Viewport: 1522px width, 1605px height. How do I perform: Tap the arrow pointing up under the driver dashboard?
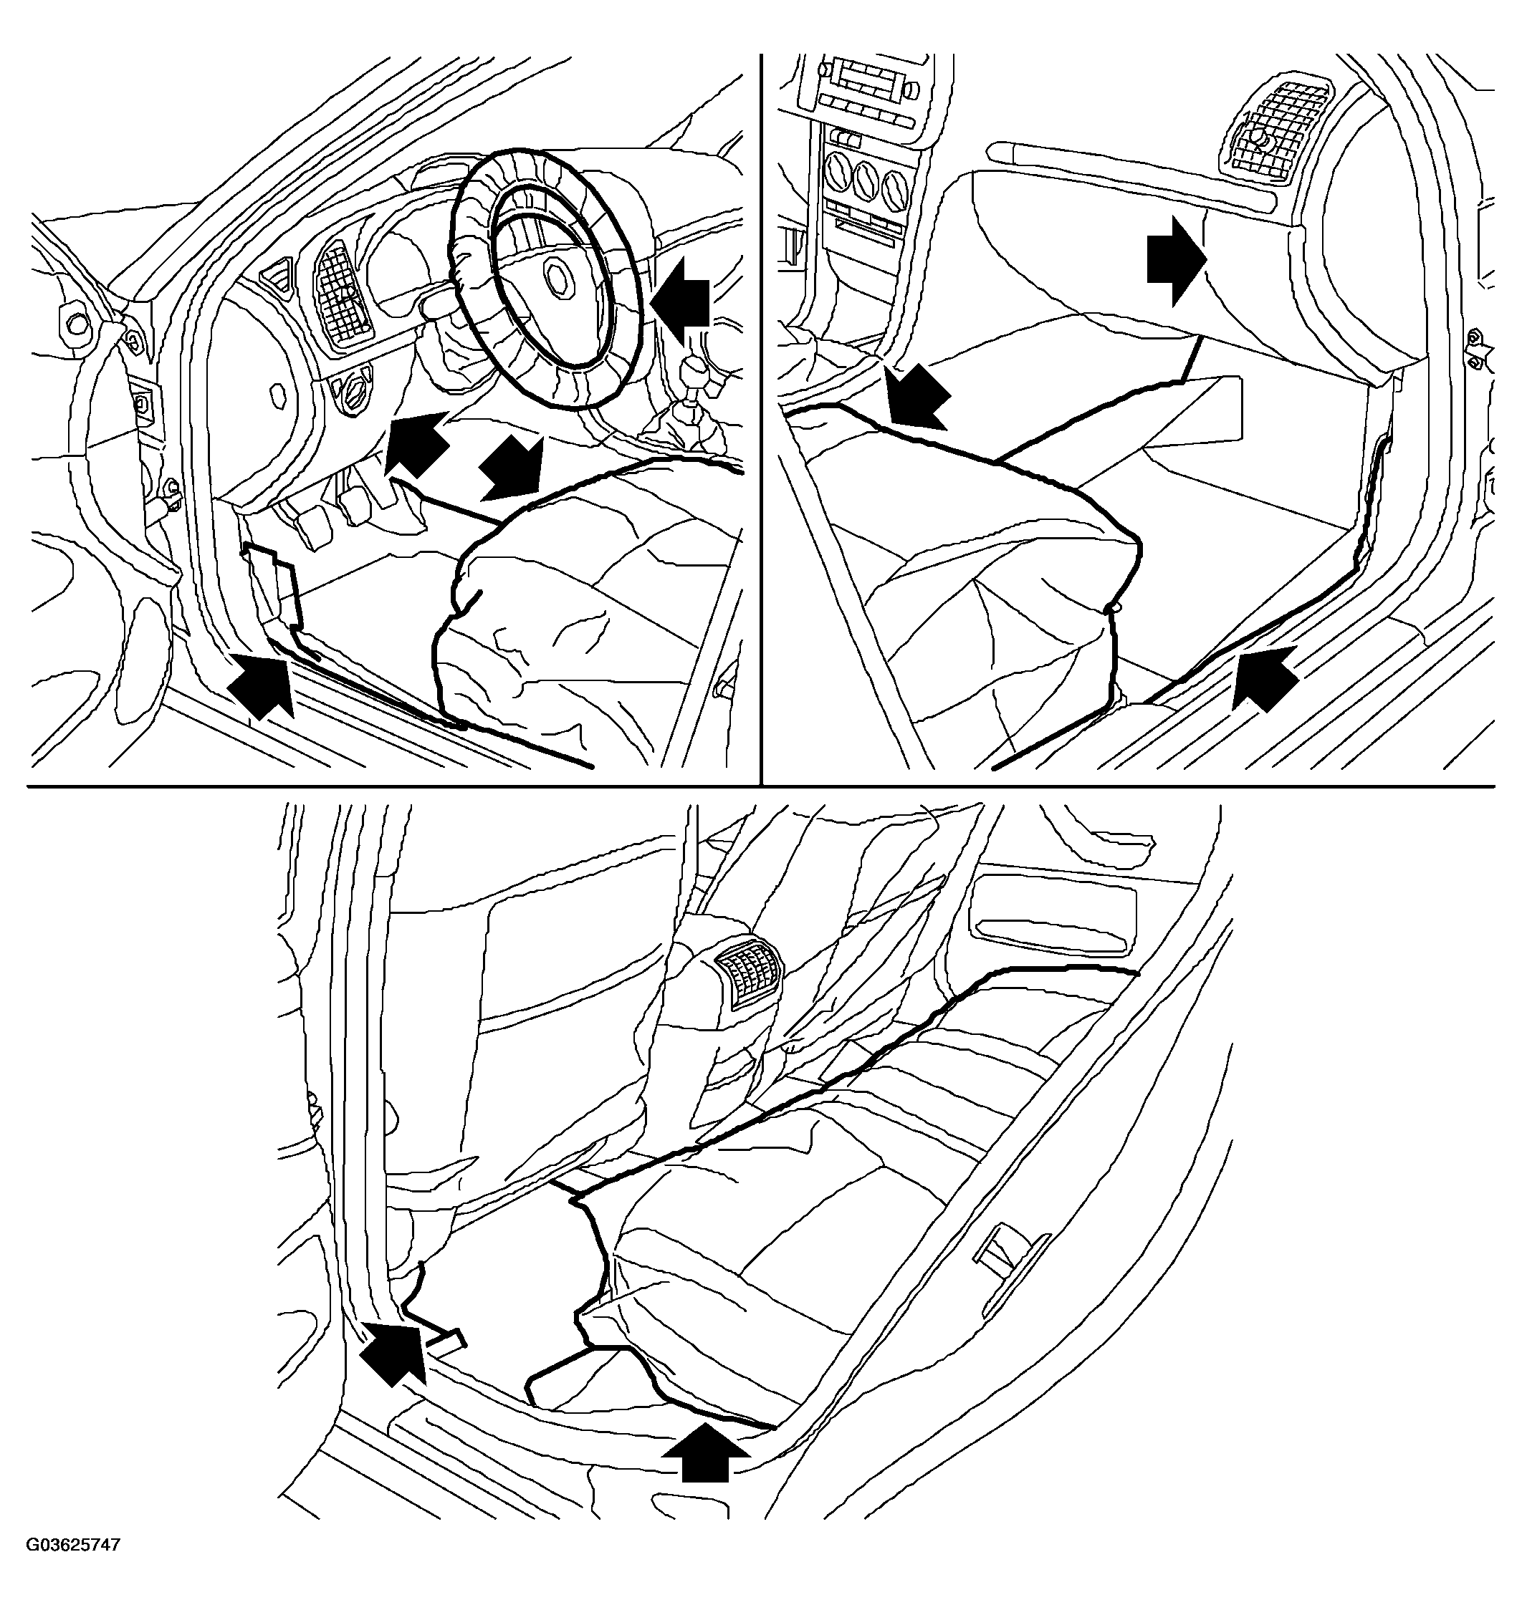click(x=418, y=442)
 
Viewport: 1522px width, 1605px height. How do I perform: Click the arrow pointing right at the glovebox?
click(x=1177, y=264)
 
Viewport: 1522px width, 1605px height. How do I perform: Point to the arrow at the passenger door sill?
click(x=1265, y=678)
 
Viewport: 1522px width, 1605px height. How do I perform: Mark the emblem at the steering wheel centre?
click(x=559, y=278)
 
